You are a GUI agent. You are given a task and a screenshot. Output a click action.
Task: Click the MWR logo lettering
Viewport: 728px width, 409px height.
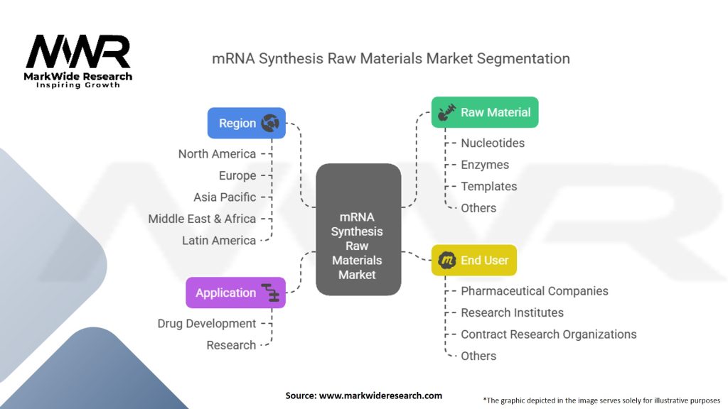coord(78,51)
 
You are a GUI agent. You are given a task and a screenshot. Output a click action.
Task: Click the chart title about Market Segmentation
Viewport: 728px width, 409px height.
coord(391,59)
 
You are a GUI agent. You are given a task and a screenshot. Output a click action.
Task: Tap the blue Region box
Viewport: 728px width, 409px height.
coord(247,123)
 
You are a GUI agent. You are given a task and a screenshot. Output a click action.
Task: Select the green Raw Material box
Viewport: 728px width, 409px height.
coord(485,112)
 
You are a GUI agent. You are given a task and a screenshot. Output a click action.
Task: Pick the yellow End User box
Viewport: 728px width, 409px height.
coord(474,260)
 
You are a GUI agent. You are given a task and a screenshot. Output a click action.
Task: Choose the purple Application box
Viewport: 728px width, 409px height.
coord(236,293)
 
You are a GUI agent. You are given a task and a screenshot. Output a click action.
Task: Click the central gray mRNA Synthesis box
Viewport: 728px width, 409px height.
coord(358,229)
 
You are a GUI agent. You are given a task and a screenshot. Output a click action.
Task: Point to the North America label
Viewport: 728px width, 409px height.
coord(217,154)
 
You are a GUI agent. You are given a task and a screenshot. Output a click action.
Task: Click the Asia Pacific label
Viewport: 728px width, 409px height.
coord(225,197)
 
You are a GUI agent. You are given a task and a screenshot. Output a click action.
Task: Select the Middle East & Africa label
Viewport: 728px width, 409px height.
coord(202,219)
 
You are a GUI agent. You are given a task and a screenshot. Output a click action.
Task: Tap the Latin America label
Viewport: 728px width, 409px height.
coord(219,241)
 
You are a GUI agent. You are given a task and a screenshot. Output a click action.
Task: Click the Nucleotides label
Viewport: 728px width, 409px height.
coord(493,143)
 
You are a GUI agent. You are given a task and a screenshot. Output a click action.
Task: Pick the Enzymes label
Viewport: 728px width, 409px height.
coord(485,165)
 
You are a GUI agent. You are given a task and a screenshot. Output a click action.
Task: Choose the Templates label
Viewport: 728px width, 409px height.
coord(489,187)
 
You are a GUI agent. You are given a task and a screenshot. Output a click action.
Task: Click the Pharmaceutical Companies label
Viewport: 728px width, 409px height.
coord(535,291)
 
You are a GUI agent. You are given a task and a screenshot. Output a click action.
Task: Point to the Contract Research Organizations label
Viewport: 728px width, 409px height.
coord(548,334)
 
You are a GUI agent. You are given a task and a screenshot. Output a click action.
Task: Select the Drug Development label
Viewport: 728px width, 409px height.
coord(207,324)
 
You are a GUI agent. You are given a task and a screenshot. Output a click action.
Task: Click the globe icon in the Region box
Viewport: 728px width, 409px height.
coord(269,123)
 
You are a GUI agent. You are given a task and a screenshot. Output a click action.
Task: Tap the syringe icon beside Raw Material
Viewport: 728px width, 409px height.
coord(446,112)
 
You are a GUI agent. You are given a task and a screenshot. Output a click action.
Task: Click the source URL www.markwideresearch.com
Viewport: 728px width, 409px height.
coord(380,396)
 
